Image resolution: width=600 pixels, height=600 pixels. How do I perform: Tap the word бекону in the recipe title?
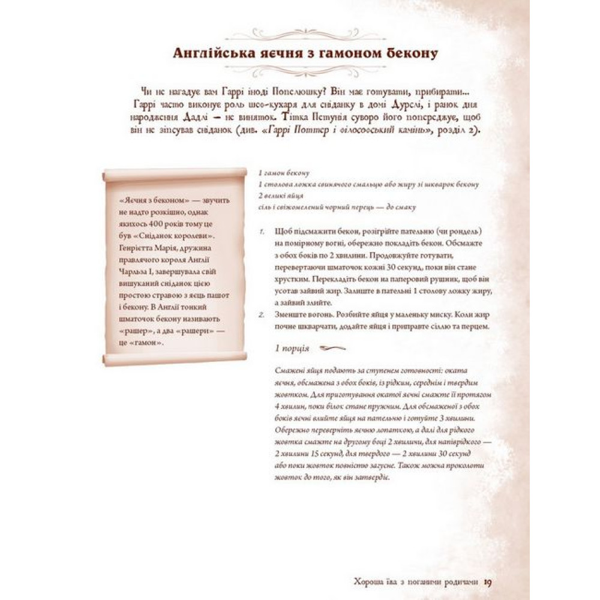[x=409, y=53]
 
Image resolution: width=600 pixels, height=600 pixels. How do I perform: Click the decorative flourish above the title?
[x=305, y=34]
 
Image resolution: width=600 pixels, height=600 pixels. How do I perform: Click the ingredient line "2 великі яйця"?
[x=280, y=196]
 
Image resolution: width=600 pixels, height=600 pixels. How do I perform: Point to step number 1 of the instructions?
[x=262, y=232]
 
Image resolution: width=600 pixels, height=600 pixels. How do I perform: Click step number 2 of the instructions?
[x=262, y=314]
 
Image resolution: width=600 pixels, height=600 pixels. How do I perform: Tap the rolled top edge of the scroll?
[x=175, y=174]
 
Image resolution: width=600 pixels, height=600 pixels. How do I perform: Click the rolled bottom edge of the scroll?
[x=175, y=359]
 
